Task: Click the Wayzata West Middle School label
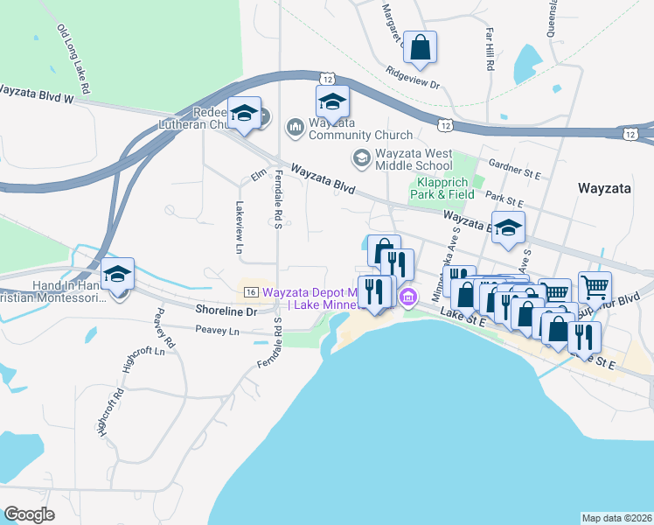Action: (x=414, y=159)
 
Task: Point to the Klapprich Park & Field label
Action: (x=444, y=188)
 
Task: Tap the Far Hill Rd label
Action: (x=491, y=48)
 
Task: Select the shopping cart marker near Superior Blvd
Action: (x=595, y=285)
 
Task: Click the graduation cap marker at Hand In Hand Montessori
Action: (x=117, y=274)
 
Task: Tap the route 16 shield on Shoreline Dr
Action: (x=250, y=291)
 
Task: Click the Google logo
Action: (x=30, y=514)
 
